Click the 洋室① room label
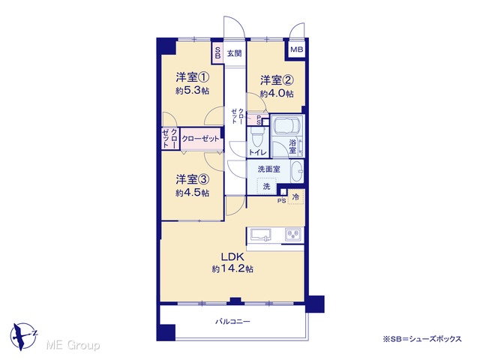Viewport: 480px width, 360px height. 193,76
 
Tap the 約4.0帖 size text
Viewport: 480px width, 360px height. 277,93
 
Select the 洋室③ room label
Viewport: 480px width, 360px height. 193,179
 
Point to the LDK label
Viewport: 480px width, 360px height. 232,256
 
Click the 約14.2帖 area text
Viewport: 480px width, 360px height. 232,268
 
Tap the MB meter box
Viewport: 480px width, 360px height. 296,49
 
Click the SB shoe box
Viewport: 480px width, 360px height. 217,53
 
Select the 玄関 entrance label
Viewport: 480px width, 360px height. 235,53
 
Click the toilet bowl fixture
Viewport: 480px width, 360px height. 257,136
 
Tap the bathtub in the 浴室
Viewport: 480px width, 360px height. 286,126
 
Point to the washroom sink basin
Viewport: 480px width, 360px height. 296,171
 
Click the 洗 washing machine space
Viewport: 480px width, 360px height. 267,186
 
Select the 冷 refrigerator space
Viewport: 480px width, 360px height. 295,196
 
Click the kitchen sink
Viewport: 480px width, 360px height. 261,235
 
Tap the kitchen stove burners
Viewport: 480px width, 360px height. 293,235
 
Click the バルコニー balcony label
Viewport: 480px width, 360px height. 232,322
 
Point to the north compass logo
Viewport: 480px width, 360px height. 23,336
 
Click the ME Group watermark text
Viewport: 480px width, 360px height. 73,345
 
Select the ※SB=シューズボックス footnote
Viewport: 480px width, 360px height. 422,339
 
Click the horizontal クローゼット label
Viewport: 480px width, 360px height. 201,139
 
